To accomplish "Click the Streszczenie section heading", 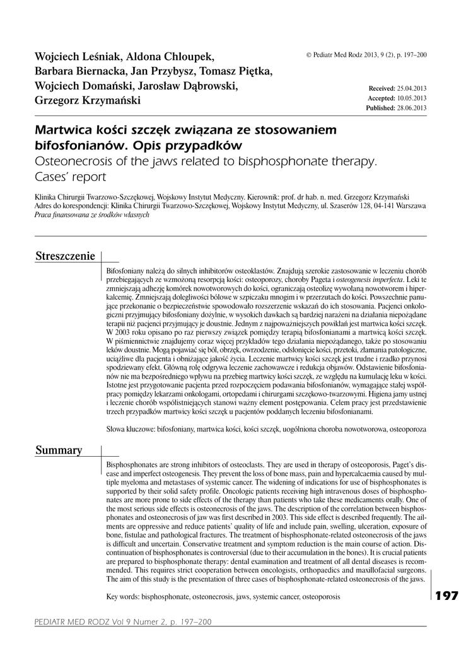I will pos(65,256).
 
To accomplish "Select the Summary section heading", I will pos(59,450).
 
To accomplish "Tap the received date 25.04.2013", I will pos(412,90).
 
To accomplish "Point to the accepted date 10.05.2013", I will pos(412,99).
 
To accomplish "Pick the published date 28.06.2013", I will pos(412,109).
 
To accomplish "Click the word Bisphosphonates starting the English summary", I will pos(135,464).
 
